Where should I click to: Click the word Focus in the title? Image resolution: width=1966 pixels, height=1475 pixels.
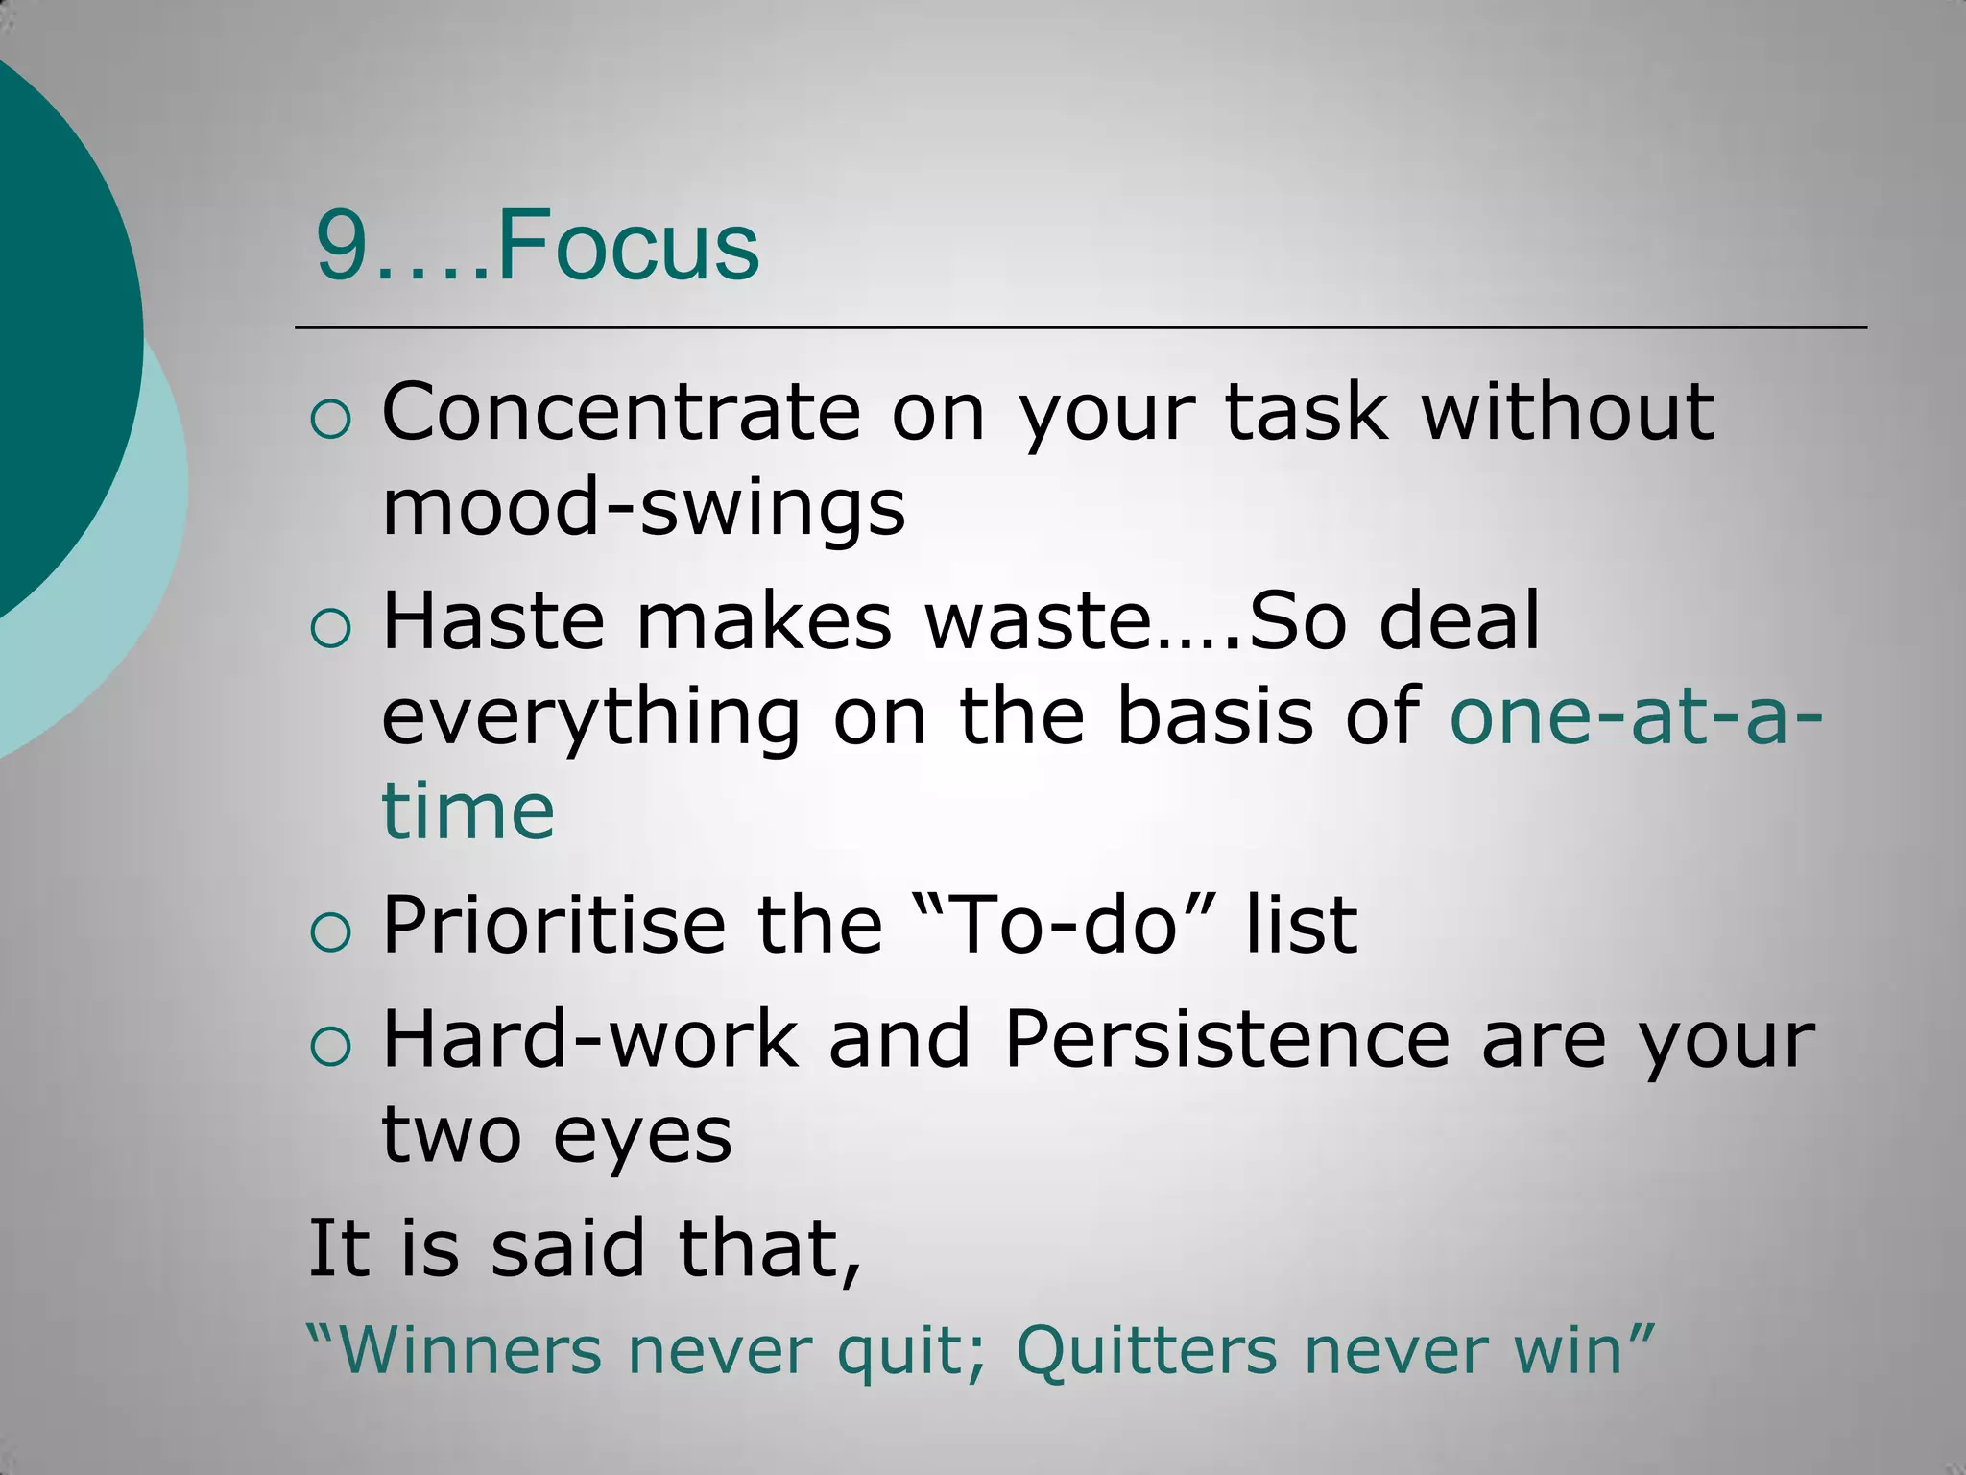(x=629, y=246)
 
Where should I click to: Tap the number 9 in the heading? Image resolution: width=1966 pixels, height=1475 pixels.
(x=343, y=248)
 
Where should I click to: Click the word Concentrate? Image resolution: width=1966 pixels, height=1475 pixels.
(x=620, y=412)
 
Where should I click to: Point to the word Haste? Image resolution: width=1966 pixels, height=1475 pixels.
(x=493, y=621)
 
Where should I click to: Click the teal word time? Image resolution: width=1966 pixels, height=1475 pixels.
(x=468, y=810)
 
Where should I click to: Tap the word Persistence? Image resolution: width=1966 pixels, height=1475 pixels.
(x=1226, y=1039)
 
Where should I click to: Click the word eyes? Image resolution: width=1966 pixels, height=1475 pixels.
(x=642, y=1135)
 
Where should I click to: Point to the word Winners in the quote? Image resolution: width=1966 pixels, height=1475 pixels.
(x=470, y=1350)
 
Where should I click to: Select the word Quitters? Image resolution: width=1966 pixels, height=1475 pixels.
(x=1146, y=1350)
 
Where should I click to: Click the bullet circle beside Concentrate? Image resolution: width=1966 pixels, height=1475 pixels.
(x=331, y=421)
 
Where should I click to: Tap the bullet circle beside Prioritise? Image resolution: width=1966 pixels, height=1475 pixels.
(x=331, y=933)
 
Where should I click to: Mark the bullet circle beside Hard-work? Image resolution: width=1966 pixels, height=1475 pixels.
(x=331, y=1048)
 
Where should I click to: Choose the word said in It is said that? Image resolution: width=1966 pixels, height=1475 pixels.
(x=567, y=1248)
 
